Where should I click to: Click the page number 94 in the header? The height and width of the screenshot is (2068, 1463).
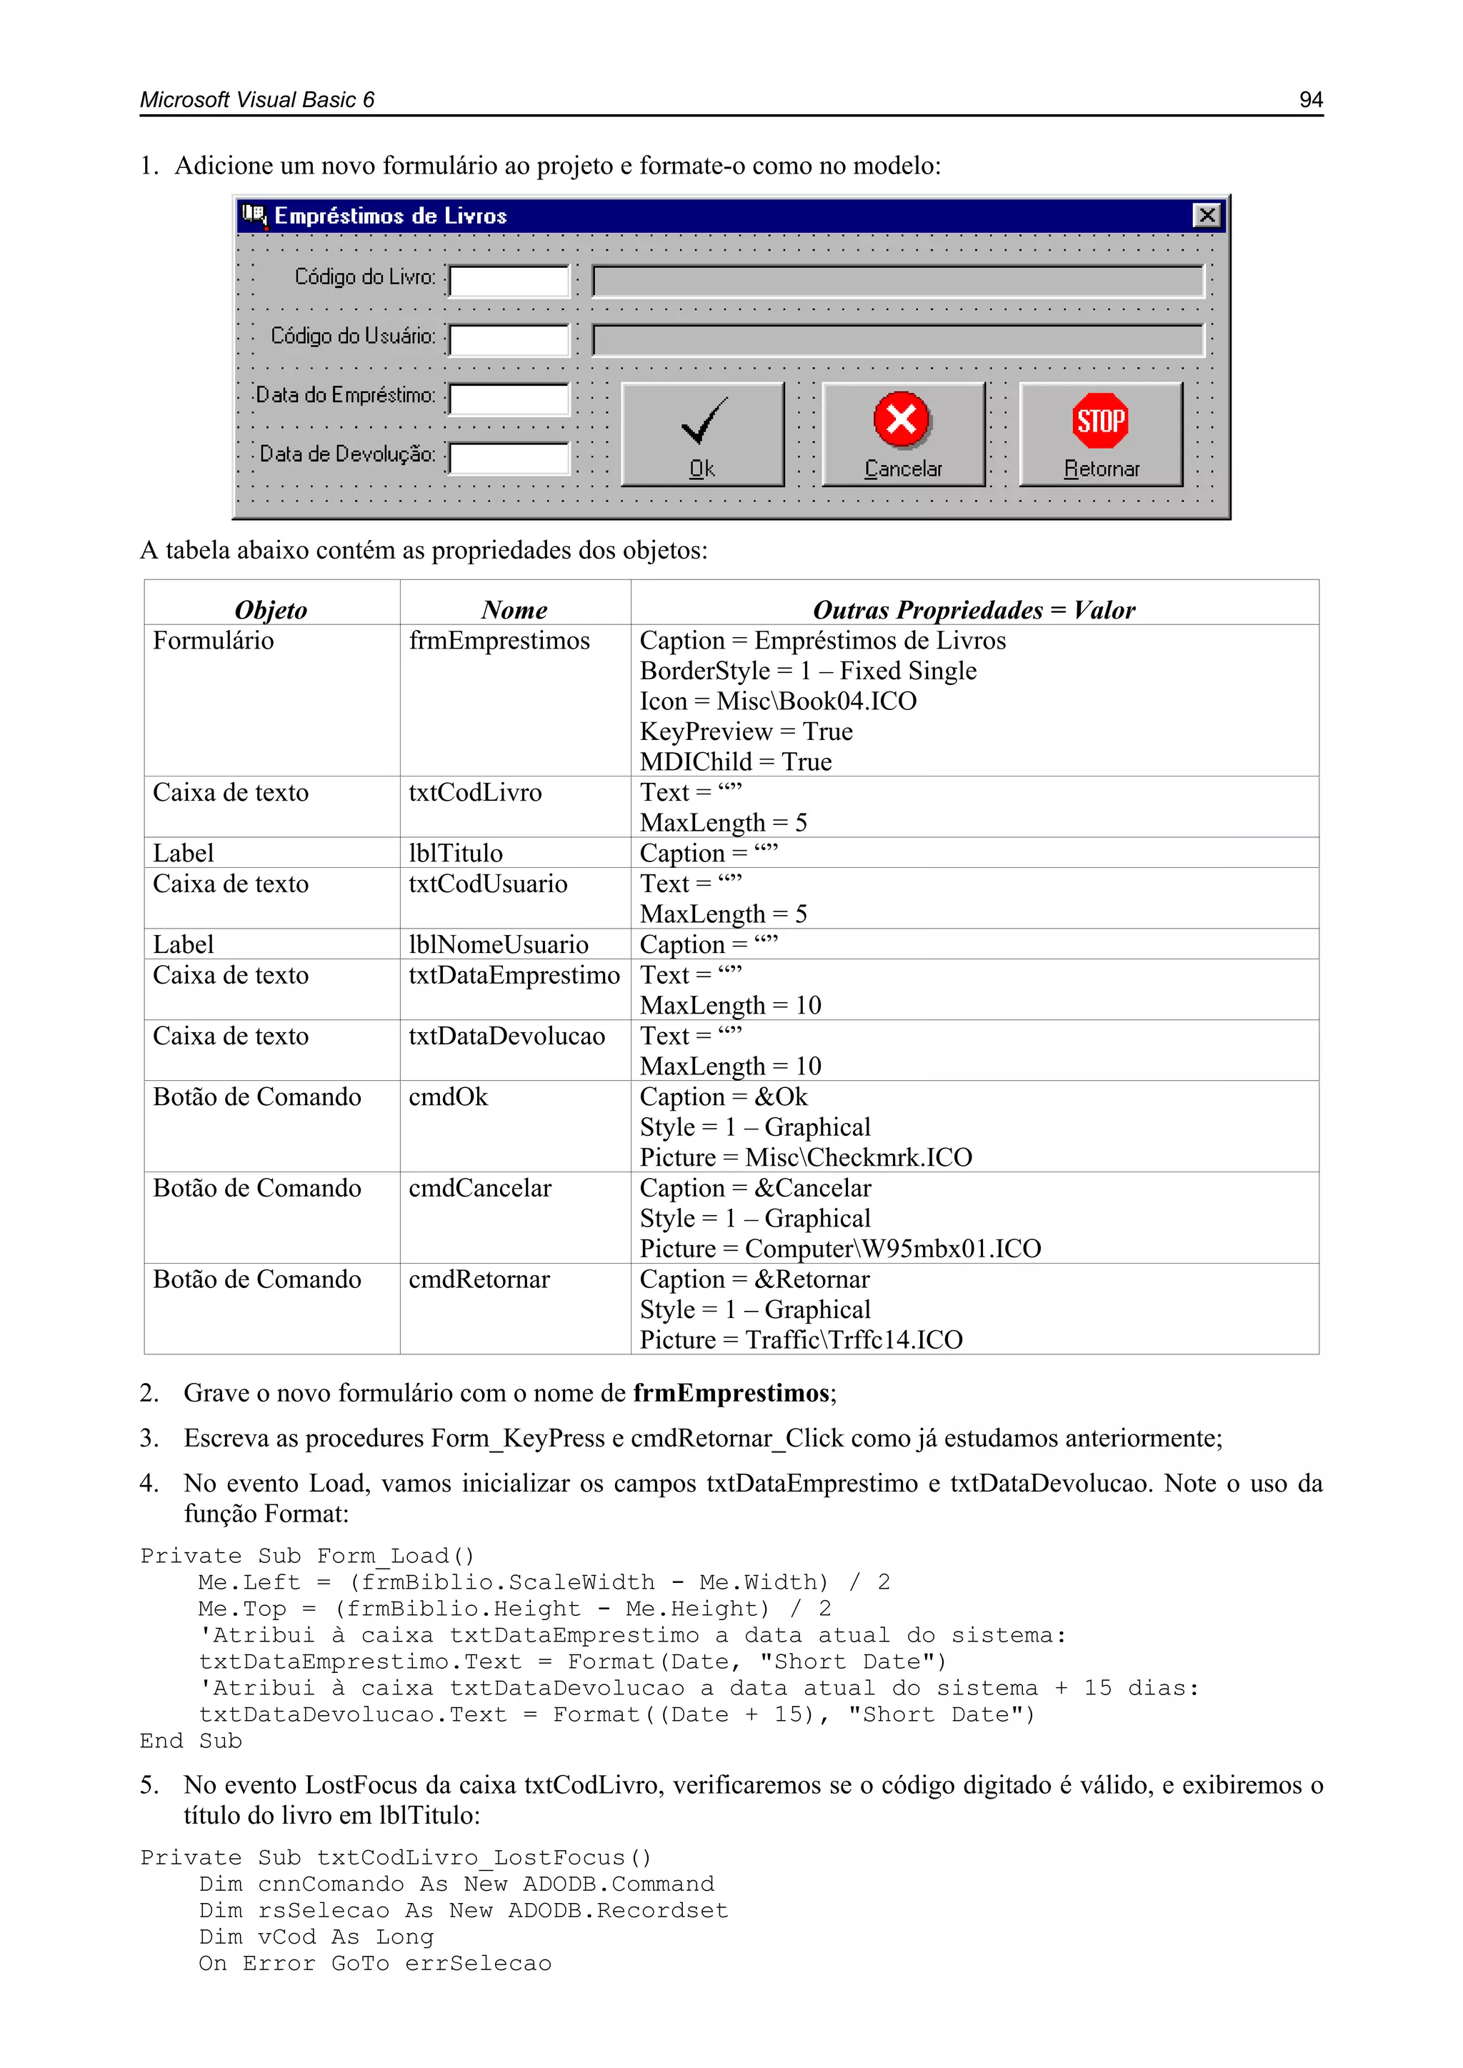[x=1310, y=100]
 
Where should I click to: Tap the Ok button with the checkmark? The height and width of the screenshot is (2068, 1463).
[x=703, y=434]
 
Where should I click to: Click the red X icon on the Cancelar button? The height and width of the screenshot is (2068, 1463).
[x=902, y=419]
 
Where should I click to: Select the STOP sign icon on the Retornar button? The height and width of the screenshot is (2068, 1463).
[x=1100, y=420]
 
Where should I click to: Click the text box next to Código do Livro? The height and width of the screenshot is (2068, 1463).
[x=509, y=281]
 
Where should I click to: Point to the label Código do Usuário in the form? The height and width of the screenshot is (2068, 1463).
[x=352, y=336]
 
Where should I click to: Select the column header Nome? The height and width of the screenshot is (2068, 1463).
[x=514, y=610]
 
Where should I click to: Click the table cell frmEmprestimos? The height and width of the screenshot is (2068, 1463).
[x=499, y=640]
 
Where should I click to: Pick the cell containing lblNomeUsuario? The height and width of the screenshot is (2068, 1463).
[x=498, y=944]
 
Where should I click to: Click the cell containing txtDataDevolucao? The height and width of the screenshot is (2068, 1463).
[x=506, y=1036]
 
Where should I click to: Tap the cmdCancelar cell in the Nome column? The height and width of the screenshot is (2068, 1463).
[x=479, y=1188]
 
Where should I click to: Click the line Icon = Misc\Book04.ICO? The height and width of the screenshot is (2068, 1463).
[x=777, y=701]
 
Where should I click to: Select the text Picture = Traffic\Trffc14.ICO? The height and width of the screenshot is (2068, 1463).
[x=801, y=1339]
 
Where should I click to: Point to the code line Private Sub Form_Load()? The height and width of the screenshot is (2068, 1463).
[x=307, y=1556]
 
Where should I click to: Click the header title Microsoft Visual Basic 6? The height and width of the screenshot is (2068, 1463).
[x=256, y=100]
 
